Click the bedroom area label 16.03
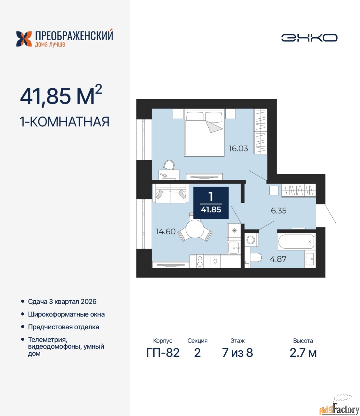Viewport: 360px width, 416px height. point(238,149)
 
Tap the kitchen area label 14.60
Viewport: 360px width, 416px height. point(166,232)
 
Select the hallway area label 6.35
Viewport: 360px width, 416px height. point(279,211)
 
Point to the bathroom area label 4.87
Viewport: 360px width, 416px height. point(278,259)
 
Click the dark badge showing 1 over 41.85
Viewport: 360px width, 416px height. point(211,203)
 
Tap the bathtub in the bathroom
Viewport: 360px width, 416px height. point(296,241)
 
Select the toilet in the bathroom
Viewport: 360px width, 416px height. point(255,257)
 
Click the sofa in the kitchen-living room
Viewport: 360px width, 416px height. point(170,193)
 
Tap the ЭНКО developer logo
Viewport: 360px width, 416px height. point(309,38)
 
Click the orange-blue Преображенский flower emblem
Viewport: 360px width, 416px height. point(24,39)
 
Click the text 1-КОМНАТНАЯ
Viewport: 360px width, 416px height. point(65,122)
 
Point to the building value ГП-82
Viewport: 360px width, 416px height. point(163,353)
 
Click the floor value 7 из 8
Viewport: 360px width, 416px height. point(237,353)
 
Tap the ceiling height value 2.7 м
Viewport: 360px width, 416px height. point(303,353)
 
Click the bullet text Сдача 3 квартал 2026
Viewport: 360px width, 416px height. point(62,302)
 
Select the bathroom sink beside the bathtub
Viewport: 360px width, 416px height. point(310,259)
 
